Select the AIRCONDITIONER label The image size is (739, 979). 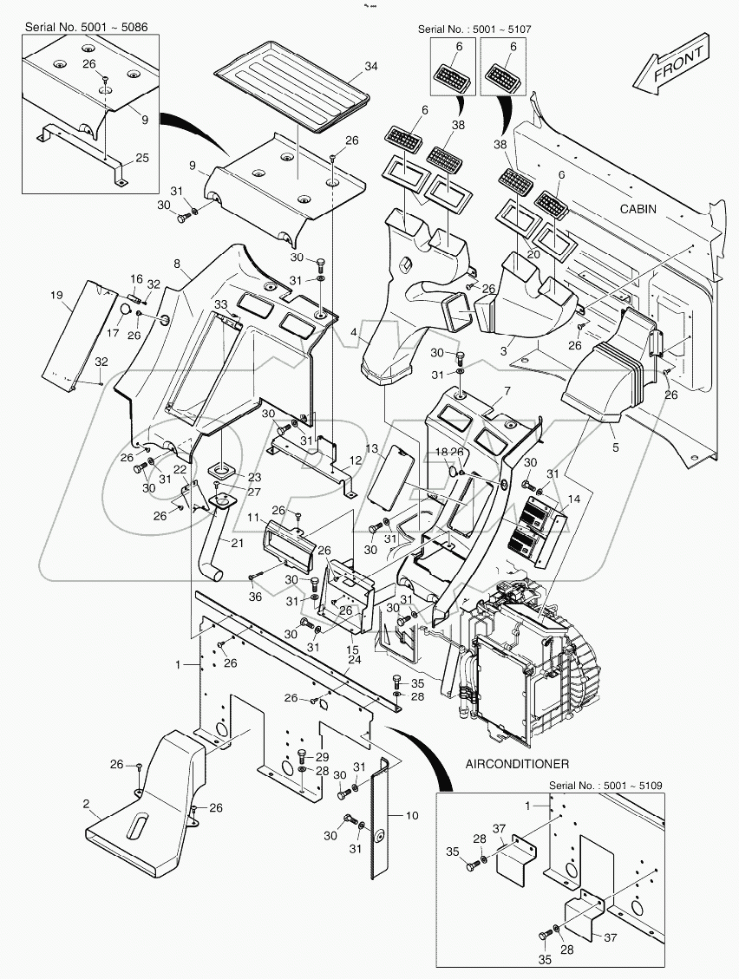(517, 764)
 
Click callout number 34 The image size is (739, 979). (371, 67)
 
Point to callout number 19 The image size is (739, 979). (56, 297)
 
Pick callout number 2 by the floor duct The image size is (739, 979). (87, 805)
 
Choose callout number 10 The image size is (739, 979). (411, 815)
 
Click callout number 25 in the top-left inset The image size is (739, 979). (142, 158)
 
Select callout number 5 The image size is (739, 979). (613, 427)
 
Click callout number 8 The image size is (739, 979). (177, 262)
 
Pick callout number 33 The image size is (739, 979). (219, 303)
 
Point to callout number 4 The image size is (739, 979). (353, 332)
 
